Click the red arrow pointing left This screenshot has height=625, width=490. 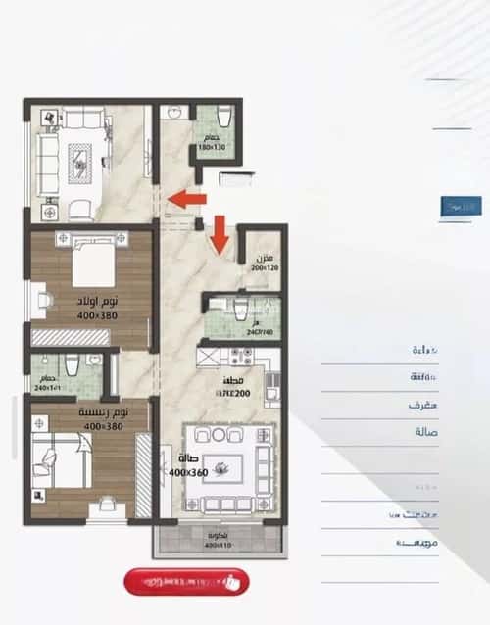pos(186,200)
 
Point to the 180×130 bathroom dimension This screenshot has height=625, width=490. pos(212,147)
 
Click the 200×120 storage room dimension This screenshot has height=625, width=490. pos(265,267)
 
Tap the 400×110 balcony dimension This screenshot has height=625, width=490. pos(218,545)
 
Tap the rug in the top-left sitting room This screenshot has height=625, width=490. pos(80,158)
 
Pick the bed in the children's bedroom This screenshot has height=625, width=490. pos(90,262)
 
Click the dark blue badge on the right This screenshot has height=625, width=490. pos(461,207)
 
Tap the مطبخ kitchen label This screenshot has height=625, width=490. pos(234,382)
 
